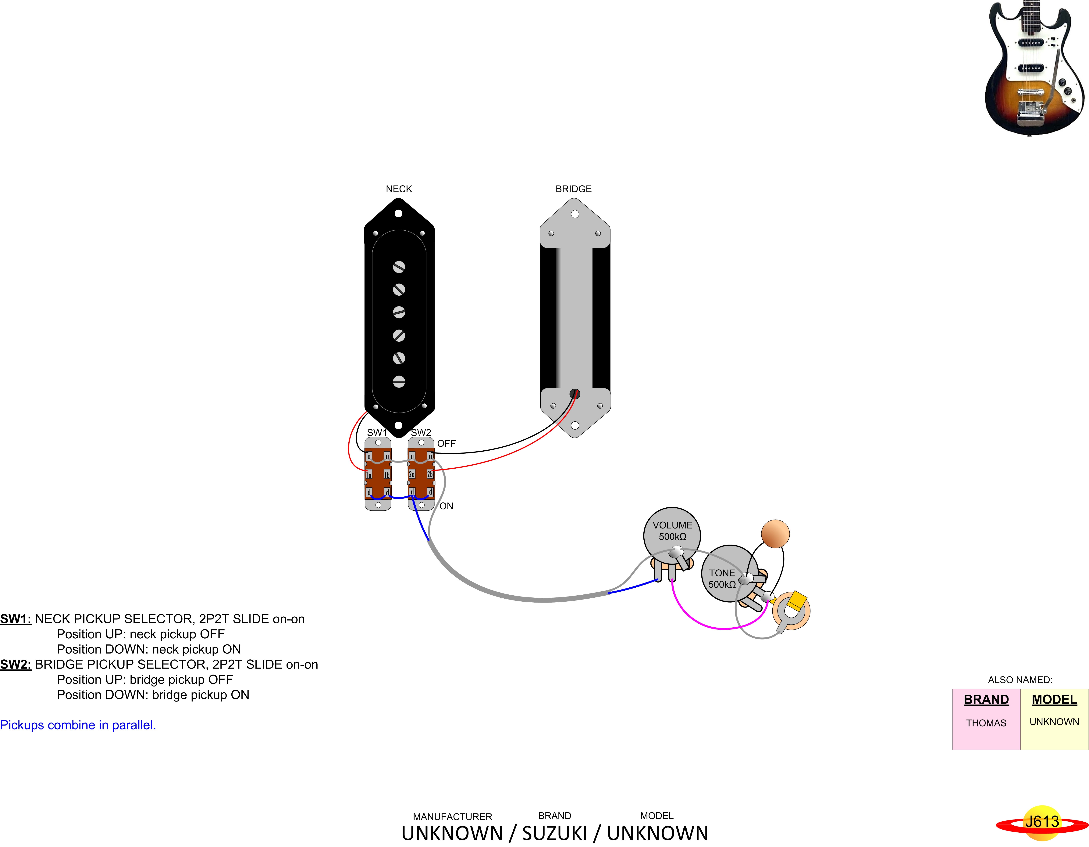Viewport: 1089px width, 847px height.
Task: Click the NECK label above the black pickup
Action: click(x=399, y=189)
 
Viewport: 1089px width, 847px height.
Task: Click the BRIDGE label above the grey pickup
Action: click(x=573, y=189)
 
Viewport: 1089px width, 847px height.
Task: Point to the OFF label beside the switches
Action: click(x=446, y=443)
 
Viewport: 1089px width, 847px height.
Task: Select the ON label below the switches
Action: click(x=446, y=506)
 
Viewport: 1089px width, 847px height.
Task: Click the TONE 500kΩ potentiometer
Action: click(x=729, y=574)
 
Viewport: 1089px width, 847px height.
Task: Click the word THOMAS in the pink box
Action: click(x=986, y=723)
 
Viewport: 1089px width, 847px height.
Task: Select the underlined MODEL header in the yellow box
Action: click(x=1054, y=700)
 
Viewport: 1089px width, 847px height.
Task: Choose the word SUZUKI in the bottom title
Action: click(x=554, y=833)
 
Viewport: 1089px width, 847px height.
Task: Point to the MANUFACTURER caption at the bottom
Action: click(x=452, y=816)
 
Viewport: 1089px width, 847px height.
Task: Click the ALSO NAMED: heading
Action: click(x=1020, y=680)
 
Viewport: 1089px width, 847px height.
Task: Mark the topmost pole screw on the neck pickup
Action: click(x=399, y=267)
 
